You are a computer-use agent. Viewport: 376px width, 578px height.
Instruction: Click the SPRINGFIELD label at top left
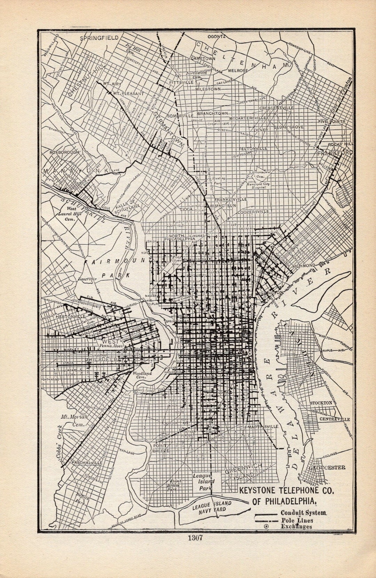(99, 38)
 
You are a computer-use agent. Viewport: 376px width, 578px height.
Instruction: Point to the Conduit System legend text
(304, 513)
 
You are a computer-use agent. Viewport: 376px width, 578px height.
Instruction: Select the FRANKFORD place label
(335, 153)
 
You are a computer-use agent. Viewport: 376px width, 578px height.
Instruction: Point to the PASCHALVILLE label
(87, 463)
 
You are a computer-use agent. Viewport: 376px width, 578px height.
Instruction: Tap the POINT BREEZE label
(161, 448)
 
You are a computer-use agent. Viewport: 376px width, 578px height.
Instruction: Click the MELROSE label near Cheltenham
(238, 70)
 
